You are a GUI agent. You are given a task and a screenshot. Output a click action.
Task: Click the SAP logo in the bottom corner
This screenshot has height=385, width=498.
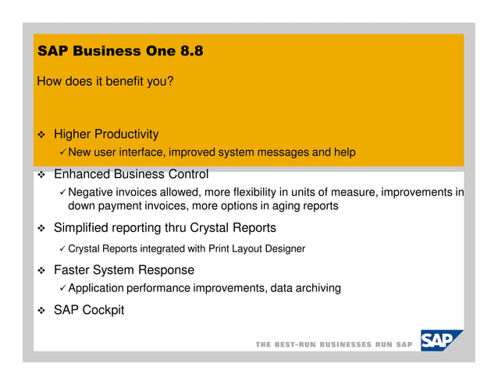coord(440,341)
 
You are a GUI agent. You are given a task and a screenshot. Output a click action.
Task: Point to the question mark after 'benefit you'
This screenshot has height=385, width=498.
coord(170,81)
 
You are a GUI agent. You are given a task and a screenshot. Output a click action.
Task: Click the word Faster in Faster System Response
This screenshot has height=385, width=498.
coord(73,269)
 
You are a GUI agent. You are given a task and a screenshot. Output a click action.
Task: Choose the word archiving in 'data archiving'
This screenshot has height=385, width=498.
coord(315,288)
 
